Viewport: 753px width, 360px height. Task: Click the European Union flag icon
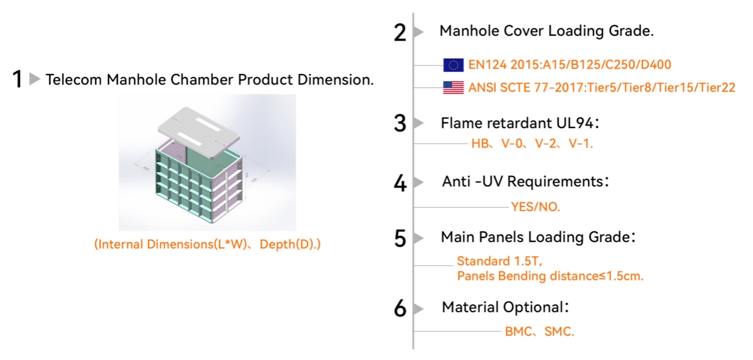click(x=453, y=65)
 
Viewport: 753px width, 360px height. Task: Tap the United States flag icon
click(x=453, y=87)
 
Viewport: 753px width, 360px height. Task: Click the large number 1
click(x=18, y=79)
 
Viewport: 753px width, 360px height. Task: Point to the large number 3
click(x=399, y=124)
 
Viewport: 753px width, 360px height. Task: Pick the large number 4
click(x=399, y=183)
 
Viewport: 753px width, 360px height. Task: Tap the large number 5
click(x=399, y=239)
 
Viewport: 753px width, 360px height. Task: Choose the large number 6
click(x=399, y=309)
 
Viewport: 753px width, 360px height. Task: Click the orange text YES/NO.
click(x=536, y=207)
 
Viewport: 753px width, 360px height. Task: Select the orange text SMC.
click(x=558, y=332)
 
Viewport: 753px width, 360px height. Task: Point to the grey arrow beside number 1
click(x=35, y=79)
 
